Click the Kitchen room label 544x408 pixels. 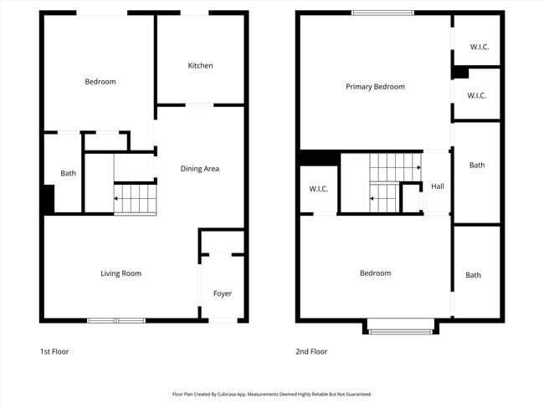(x=200, y=65)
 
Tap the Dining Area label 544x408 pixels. (x=200, y=169)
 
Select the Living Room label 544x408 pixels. (x=121, y=273)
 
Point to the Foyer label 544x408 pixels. (x=223, y=293)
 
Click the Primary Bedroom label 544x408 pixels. (x=376, y=87)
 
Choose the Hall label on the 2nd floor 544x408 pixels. (x=438, y=186)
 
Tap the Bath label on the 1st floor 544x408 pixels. (x=68, y=174)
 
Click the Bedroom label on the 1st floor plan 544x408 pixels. (x=100, y=82)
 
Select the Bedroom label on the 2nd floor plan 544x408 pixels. (x=375, y=273)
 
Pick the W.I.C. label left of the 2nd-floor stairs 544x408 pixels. (x=319, y=189)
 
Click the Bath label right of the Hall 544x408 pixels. (x=477, y=166)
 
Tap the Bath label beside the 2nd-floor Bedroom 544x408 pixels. (x=474, y=275)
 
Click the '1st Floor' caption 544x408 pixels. (x=54, y=352)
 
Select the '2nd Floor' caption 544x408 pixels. (x=311, y=352)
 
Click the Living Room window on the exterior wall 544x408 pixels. (x=116, y=320)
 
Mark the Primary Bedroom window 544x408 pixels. (x=382, y=13)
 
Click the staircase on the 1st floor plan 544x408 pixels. (x=135, y=199)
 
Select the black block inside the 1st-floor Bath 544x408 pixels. (x=49, y=199)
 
